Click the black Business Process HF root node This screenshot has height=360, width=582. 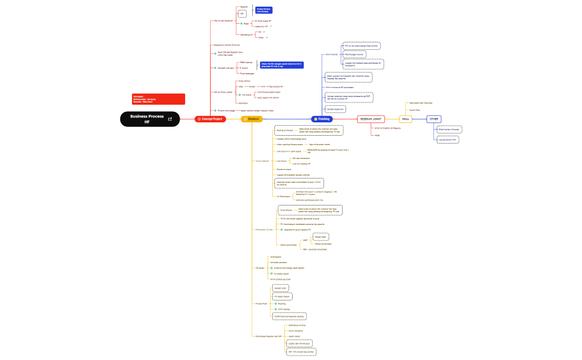pyautogui.click(x=147, y=119)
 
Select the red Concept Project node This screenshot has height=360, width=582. pyautogui.click(x=210, y=119)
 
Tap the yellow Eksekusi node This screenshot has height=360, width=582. pyautogui.click(x=252, y=119)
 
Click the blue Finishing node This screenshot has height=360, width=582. pyautogui.click(x=321, y=119)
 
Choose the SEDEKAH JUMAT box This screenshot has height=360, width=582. pyautogui.click(x=371, y=119)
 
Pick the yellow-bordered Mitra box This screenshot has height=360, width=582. pyautogui.click(x=406, y=119)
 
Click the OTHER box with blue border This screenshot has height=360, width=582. pyautogui.click(x=434, y=119)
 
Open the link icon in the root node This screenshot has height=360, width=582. pyautogui.click(x=170, y=119)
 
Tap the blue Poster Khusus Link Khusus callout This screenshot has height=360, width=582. pyautogui.click(x=263, y=10)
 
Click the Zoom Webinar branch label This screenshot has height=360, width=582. pyautogui.click(x=262, y=161)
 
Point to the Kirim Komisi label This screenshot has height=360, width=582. pyautogui.click(x=332, y=54)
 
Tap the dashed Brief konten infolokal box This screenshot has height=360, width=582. pyautogui.click(x=450, y=129)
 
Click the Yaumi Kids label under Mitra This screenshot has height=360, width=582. pyautogui.click(x=414, y=110)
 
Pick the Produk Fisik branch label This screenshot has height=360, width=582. pyautogui.click(x=261, y=304)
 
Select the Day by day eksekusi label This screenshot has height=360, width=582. pyautogui.click(x=223, y=20)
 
